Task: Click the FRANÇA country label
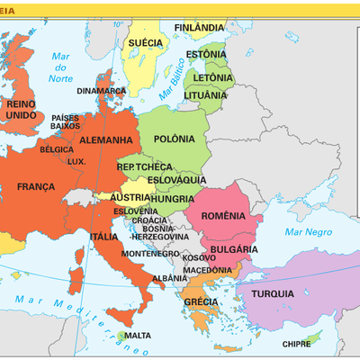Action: [x=36, y=186]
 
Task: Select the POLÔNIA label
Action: [x=174, y=139]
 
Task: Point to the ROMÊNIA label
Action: [x=222, y=215]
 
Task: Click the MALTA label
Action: [x=137, y=336]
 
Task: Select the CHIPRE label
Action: [x=296, y=344]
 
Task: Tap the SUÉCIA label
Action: [x=146, y=42]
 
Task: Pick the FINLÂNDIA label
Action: [x=199, y=28]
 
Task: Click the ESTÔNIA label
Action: [x=206, y=54]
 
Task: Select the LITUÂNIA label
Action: [x=205, y=94]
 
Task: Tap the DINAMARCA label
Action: [x=102, y=90]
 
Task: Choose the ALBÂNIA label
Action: [x=170, y=279]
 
